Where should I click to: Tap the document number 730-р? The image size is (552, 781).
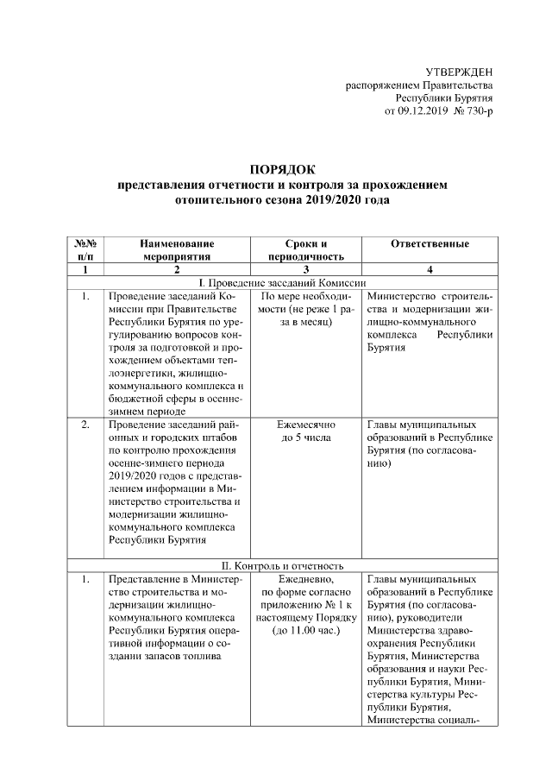click(x=476, y=112)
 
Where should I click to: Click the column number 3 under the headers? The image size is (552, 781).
click(x=306, y=270)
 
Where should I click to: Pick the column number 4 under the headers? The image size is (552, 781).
click(x=430, y=270)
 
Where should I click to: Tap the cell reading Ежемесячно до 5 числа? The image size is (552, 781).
click(x=306, y=432)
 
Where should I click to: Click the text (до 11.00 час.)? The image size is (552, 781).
click(x=306, y=632)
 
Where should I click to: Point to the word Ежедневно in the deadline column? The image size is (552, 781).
click(x=306, y=579)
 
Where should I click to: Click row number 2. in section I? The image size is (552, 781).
click(x=85, y=425)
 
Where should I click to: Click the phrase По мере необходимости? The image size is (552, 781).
click(x=306, y=303)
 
